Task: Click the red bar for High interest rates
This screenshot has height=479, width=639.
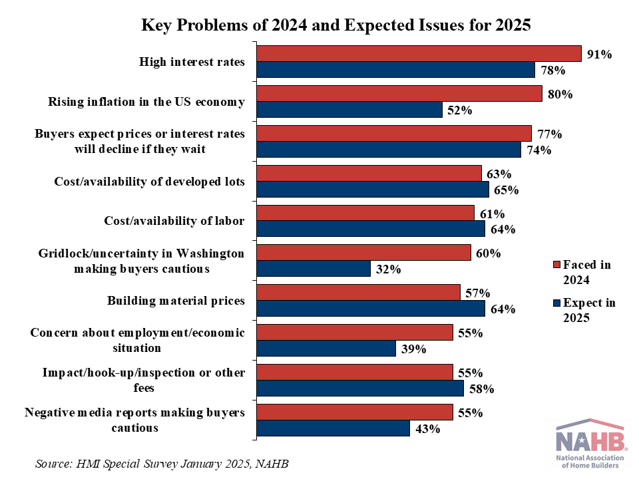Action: coord(419,54)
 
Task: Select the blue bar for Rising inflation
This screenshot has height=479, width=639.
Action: coord(349,110)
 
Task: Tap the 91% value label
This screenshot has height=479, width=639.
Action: coord(599,54)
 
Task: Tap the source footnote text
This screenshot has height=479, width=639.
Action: coord(163,462)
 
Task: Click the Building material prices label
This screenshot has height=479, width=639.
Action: coord(176,301)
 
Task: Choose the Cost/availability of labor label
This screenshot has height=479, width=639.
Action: coord(174,221)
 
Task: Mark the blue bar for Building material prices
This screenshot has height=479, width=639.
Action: coord(371,309)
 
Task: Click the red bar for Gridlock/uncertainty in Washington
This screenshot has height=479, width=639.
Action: coord(363,253)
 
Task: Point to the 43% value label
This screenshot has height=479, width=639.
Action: coord(427,428)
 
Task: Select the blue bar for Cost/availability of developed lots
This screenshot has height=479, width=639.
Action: coord(373,190)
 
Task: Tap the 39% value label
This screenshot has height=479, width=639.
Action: coord(413,349)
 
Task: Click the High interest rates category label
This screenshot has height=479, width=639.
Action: coord(192,62)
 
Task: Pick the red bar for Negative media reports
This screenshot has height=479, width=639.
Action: coord(355,412)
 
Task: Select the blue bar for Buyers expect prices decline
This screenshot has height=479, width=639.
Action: coord(389,150)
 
